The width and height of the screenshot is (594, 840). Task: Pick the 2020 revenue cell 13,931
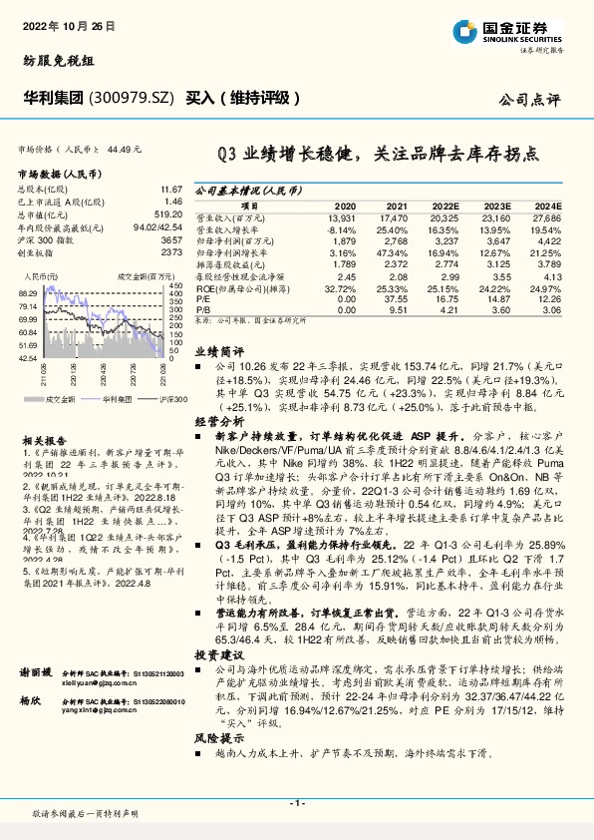[341, 216]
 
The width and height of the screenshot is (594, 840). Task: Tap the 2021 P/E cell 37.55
[396, 298]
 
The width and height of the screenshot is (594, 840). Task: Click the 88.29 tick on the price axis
[27, 293]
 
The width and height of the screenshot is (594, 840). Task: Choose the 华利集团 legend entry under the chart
[121, 398]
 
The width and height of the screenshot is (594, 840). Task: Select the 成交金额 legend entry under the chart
[61, 398]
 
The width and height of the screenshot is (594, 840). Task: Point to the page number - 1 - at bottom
[296, 801]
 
